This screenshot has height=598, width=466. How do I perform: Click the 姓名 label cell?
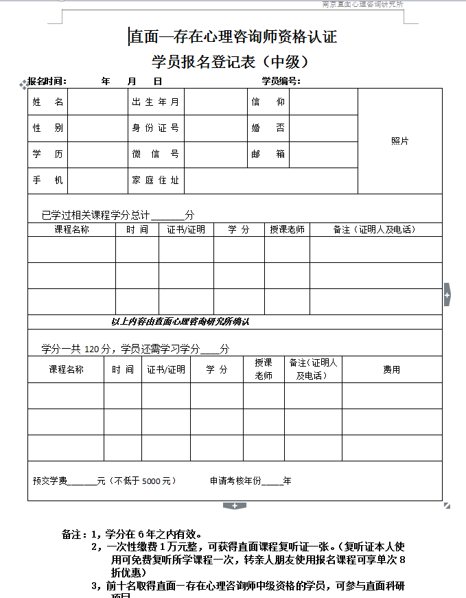coord(47,102)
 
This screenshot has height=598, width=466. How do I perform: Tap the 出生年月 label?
coord(155,102)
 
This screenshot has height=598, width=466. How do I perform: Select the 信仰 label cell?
coord(268,102)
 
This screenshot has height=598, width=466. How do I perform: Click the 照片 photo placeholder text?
coord(399,141)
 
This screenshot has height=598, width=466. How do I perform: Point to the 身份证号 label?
coord(155,128)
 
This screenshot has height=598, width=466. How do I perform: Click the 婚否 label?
coord(268,128)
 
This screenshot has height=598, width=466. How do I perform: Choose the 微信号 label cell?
coord(155,154)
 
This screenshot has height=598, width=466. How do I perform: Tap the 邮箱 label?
coord(268,154)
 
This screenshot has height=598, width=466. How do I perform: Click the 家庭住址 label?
coord(155,180)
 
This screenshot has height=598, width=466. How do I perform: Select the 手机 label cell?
coord(47,180)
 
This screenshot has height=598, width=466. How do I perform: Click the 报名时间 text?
coord(47,81)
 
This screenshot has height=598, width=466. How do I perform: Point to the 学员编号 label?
coord(281,81)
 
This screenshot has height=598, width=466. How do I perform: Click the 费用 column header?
coord(391,369)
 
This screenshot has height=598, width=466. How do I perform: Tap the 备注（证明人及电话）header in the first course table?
coord(375,229)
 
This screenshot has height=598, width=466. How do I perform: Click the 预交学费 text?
coord(50,481)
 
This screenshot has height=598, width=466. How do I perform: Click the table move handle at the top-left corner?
coord(24,83)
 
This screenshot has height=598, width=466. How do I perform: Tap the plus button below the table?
coord(234,506)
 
